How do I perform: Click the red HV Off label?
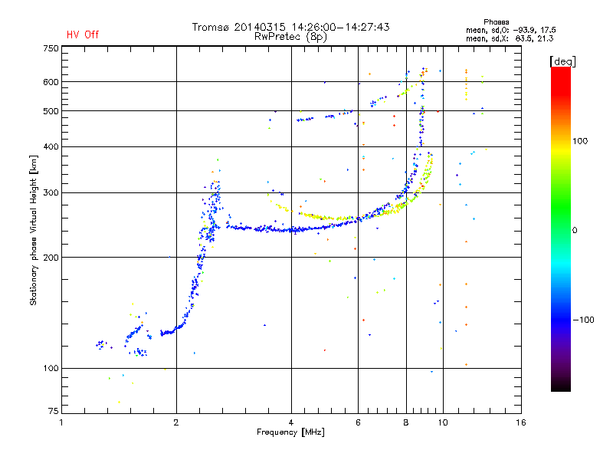click(x=83, y=34)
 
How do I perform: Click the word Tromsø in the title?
click(x=210, y=27)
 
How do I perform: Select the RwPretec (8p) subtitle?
click(x=290, y=37)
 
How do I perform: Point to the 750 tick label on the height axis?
click(x=51, y=48)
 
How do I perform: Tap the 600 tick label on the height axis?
click(x=51, y=82)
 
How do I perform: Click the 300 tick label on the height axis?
click(x=51, y=193)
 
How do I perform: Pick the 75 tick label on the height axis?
click(x=53, y=411)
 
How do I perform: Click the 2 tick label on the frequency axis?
click(x=176, y=422)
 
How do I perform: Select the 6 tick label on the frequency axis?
click(x=358, y=422)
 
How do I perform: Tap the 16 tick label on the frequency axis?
click(x=521, y=422)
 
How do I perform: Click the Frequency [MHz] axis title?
click(x=290, y=432)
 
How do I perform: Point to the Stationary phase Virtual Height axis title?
click(x=34, y=231)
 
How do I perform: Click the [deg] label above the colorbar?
click(x=562, y=61)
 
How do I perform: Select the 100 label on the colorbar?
click(x=580, y=141)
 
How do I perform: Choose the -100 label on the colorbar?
click(x=583, y=320)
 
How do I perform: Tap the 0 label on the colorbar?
click(x=575, y=231)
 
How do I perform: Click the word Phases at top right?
click(x=496, y=22)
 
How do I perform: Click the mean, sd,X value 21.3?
click(x=545, y=38)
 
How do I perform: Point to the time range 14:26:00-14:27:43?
click(x=340, y=27)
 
